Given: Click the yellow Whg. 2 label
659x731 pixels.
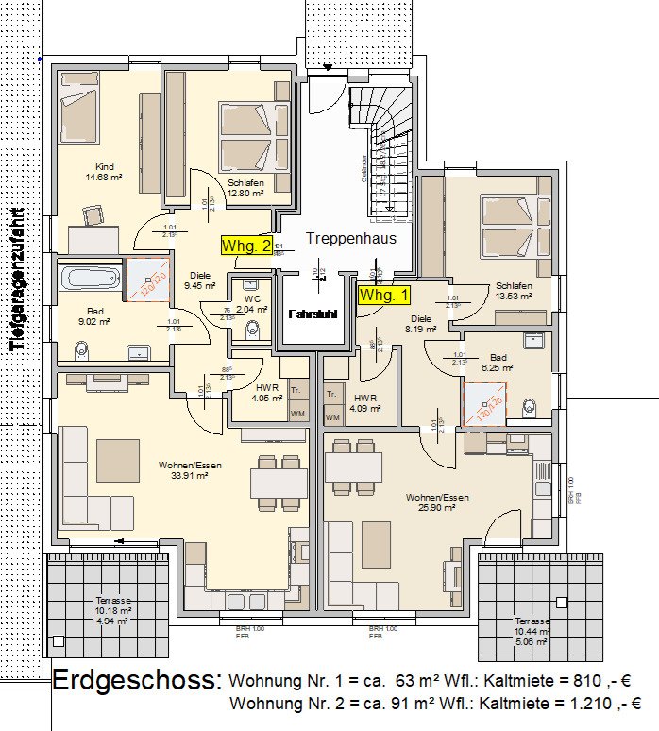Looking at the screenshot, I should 246,246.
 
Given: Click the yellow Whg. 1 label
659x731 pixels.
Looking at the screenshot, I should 384,294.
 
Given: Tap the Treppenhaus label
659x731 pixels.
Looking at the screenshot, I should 350,238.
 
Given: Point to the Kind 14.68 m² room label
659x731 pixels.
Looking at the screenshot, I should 104,171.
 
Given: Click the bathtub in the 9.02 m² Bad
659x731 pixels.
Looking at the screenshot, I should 91,279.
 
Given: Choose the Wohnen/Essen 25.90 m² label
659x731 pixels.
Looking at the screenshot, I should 437,501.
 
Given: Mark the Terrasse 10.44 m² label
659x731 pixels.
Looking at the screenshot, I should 532,627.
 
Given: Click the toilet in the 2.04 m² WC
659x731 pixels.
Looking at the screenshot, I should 250,328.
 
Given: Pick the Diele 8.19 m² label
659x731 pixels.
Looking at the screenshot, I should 421,325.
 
